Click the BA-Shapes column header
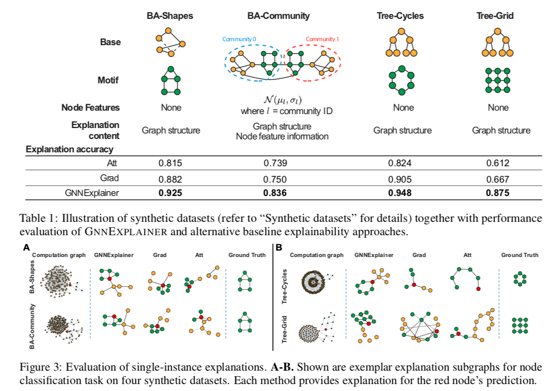170,16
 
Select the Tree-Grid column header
495,16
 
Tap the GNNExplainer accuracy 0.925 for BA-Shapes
170,193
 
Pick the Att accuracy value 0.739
275,163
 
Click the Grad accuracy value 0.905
400,180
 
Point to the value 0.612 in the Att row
497,163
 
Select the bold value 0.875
497,193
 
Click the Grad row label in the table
110,178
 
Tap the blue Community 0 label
239,39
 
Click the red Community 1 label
322,39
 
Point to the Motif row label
108,80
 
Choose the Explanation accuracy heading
69,149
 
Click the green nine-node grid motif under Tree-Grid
497,80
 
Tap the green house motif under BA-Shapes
171,81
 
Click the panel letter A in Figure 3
26,248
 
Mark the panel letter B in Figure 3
279,248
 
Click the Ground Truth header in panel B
520,255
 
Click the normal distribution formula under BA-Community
283,100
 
